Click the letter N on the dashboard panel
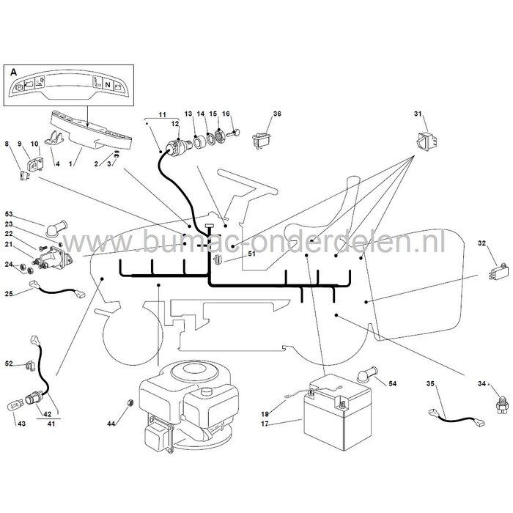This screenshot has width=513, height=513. pos(107,85)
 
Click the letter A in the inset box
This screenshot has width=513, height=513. pos(13,72)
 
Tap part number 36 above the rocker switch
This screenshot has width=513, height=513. pos(277,114)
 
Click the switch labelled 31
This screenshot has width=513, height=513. pos(427,141)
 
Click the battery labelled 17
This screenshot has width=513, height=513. pos(338,413)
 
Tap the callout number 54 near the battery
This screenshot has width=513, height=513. pos(392,383)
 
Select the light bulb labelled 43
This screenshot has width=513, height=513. pos(13,408)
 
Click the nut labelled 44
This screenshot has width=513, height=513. pos(129,402)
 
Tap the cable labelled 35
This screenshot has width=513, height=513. pos(457,418)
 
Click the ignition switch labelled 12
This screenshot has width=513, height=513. pos(177,147)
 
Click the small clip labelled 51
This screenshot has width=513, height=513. pos(217,259)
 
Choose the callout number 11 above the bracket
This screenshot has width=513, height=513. pos(162,115)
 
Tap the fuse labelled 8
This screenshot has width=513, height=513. pos(24,176)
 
